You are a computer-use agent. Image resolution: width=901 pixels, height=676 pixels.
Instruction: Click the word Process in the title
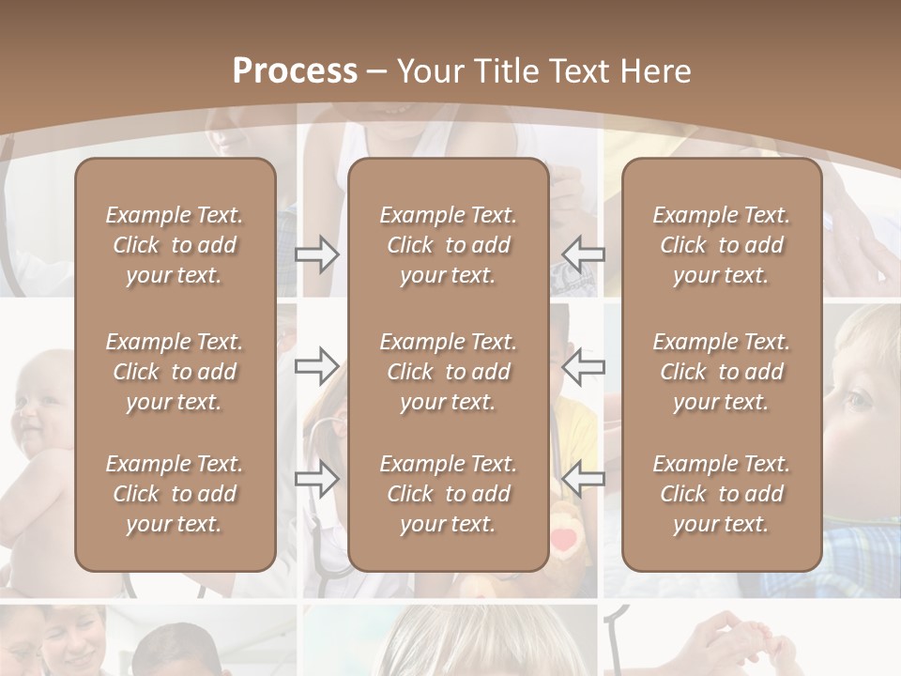pos(295,70)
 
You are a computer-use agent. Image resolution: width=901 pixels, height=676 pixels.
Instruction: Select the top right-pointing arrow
pos(316,254)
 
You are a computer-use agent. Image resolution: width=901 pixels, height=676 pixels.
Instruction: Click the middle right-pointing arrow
pos(316,365)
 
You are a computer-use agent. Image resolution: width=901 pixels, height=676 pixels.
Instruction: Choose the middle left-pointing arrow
pos(583,365)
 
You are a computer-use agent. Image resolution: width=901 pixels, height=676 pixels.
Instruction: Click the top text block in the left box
pos(175,245)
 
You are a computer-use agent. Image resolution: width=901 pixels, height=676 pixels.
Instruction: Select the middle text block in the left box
pos(175,372)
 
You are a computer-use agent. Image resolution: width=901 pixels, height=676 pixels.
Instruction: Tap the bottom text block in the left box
pos(175,494)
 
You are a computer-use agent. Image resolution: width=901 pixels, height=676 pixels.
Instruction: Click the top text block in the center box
pos(448,245)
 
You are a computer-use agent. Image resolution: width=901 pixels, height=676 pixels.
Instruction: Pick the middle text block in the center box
pos(448,372)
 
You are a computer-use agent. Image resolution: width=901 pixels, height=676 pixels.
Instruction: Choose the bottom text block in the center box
pos(448,494)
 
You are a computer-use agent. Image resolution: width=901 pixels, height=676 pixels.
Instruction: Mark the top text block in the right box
pos(721,245)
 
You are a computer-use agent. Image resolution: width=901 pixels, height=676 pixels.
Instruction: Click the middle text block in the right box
pos(721,372)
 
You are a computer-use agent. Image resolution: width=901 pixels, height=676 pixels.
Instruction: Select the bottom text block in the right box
pos(721,494)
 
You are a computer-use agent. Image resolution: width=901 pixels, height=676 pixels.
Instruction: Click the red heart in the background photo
pos(563,541)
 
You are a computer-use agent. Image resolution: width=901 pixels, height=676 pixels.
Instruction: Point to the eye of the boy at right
pos(859,402)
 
